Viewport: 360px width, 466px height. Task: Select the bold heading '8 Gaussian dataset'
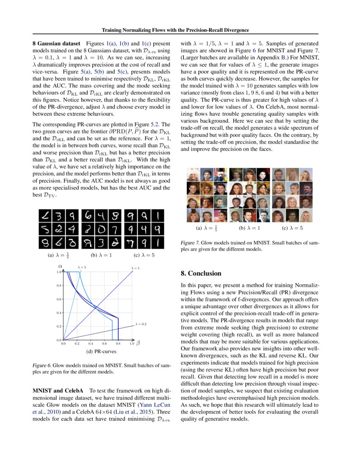[x=56, y=43]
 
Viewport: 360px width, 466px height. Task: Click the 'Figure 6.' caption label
[x=42, y=365]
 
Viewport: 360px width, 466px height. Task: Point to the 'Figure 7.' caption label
[x=190, y=243]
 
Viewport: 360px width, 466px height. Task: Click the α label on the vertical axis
[x=60, y=266]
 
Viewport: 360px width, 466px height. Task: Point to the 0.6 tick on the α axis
[x=59, y=299]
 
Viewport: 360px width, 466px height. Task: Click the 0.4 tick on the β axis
[x=90, y=344]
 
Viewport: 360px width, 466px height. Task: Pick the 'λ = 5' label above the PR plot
[x=82, y=267]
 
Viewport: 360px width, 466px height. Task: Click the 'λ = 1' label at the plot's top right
[x=135, y=268]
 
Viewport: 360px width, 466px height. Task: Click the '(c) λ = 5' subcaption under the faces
[x=292, y=228]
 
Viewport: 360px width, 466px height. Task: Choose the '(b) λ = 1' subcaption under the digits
[x=102, y=255]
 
